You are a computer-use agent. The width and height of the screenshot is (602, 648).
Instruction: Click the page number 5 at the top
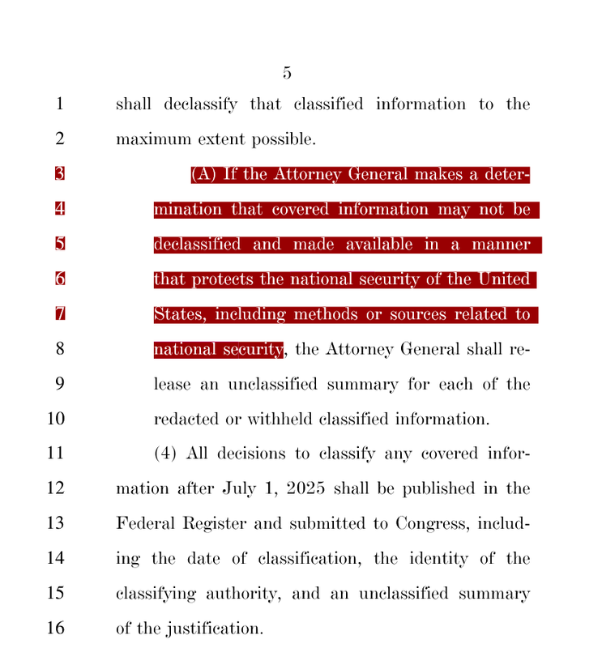pos(287,73)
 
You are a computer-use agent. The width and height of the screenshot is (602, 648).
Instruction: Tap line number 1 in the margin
pos(59,104)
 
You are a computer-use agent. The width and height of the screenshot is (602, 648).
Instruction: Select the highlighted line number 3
pos(59,174)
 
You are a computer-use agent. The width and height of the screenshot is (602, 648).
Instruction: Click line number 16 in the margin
pos(55,629)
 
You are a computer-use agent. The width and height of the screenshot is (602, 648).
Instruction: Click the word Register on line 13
pos(216,523)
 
